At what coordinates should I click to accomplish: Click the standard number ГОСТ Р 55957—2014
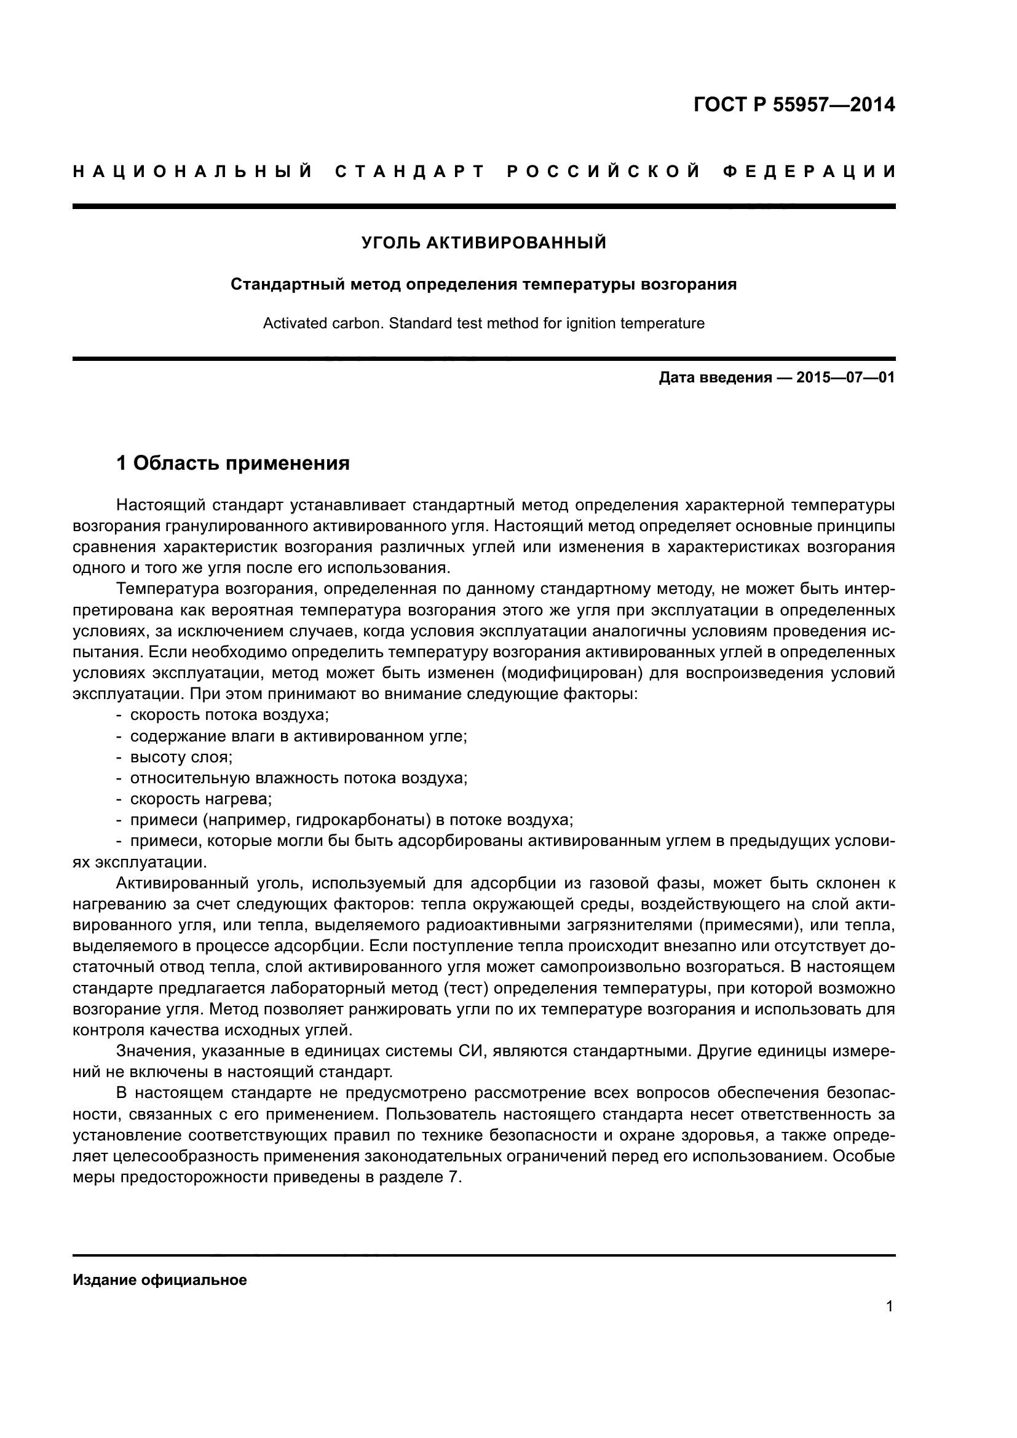point(794,105)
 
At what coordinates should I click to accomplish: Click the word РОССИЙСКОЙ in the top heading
point(603,171)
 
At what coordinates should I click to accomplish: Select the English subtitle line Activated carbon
point(483,324)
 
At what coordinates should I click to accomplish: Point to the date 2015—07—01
point(845,377)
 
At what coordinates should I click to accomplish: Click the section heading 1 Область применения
point(233,464)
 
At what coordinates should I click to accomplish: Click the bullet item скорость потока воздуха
point(229,714)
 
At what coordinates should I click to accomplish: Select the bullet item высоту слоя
point(181,757)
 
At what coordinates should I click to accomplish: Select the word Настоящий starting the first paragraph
point(160,505)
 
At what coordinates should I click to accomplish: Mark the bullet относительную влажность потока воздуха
point(299,778)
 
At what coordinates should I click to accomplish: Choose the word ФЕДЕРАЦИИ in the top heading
point(810,171)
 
